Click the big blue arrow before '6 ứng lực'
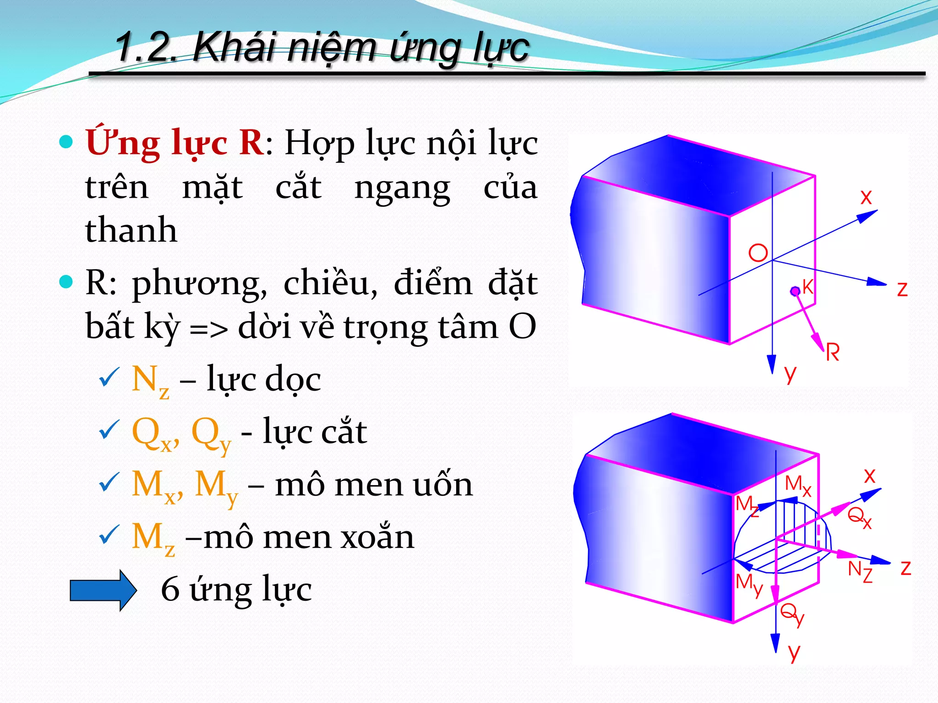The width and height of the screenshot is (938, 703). [x=103, y=590]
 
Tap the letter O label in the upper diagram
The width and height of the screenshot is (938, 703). [x=758, y=253]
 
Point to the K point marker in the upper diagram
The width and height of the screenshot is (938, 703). [x=795, y=291]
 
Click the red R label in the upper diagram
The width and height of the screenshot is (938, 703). [x=833, y=353]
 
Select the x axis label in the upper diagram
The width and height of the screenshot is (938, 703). [x=866, y=198]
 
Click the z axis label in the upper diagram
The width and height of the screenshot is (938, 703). [x=902, y=289]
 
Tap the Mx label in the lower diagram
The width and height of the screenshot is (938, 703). [x=798, y=485]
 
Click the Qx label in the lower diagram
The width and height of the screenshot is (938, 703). [x=859, y=518]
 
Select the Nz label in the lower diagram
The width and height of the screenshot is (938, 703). [x=860, y=572]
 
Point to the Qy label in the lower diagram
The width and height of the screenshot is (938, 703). [x=792, y=613]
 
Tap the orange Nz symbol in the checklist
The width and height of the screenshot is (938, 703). [x=150, y=381]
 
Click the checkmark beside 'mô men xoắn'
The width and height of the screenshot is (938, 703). [x=109, y=535]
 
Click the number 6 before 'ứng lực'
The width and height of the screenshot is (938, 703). [x=170, y=589]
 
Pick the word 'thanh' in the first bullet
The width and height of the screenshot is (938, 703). [x=131, y=230]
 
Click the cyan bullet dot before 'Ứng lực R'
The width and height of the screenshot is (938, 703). [x=66, y=142]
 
